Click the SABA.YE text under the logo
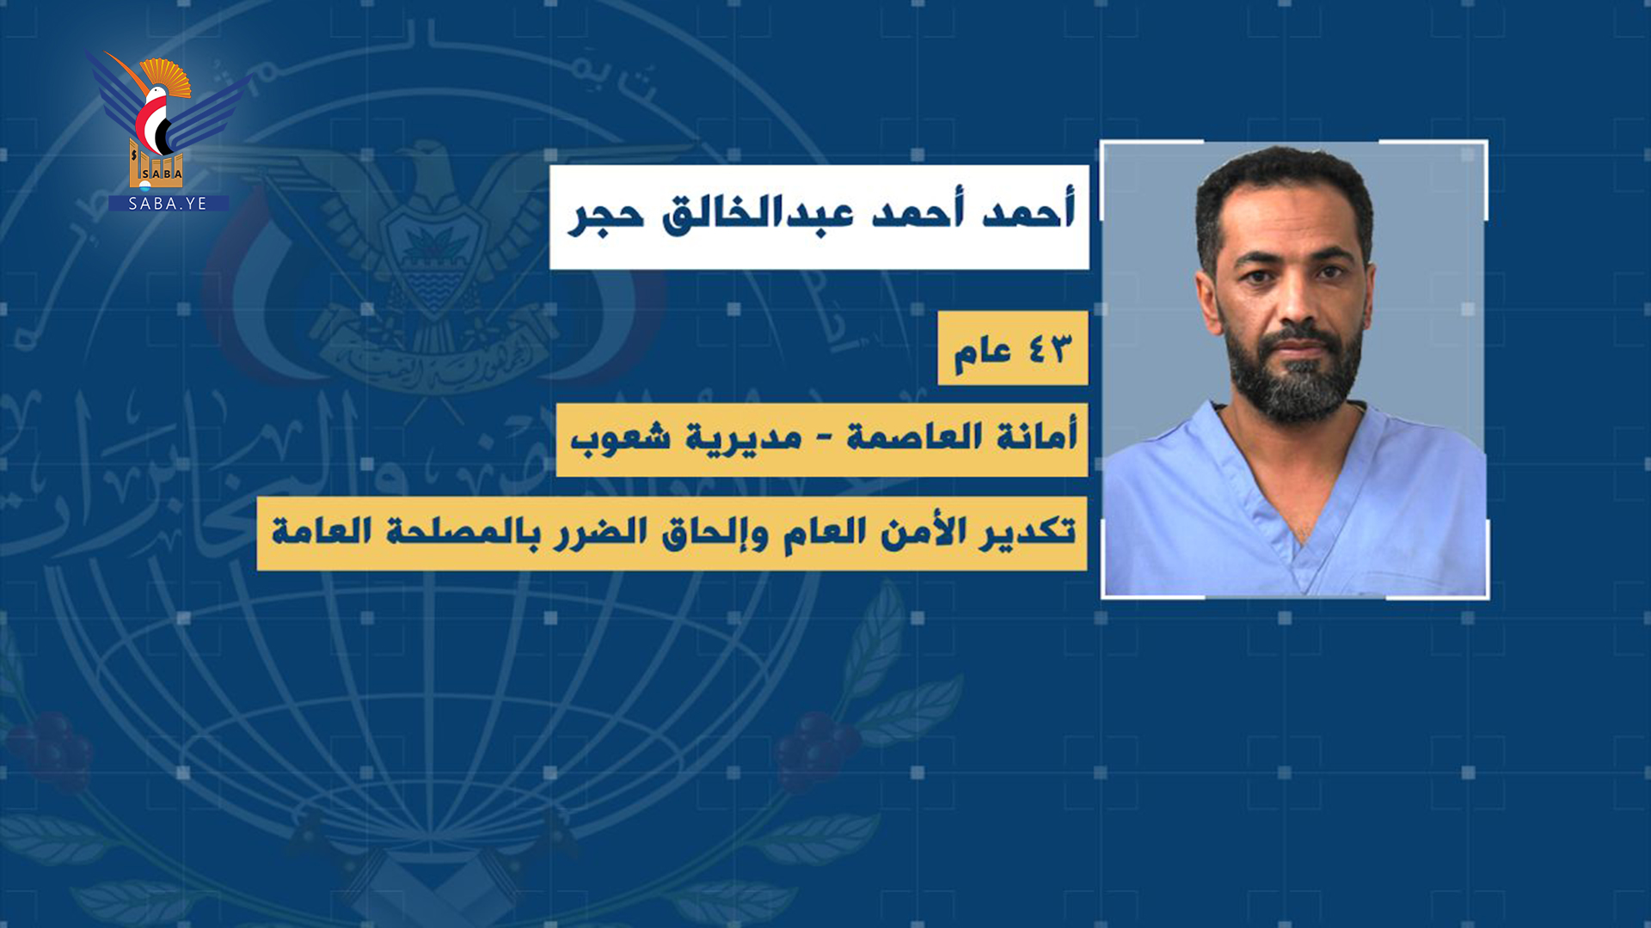(x=168, y=204)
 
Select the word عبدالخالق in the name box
(x=758, y=212)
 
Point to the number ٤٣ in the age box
(x=1050, y=349)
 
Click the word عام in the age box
(x=982, y=352)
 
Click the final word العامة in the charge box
(x=322, y=531)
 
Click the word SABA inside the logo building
(x=163, y=174)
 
